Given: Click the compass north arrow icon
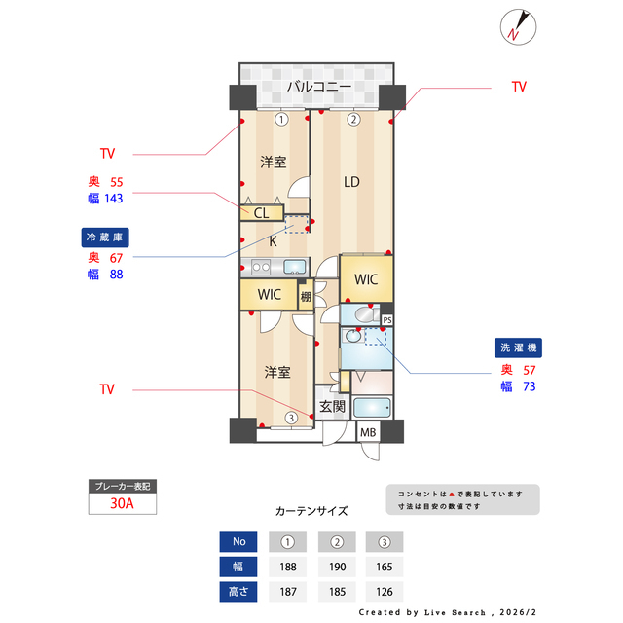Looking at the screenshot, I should click(x=515, y=26).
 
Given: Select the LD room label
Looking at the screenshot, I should click(x=351, y=180).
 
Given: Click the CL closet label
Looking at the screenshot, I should click(x=262, y=212).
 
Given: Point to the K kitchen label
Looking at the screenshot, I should click(x=274, y=239).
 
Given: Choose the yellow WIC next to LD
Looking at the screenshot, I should click(x=366, y=279).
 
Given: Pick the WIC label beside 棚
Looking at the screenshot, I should click(x=270, y=295).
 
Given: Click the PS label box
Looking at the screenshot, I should click(x=386, y=319).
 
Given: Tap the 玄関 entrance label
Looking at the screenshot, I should click(x=332, y=407).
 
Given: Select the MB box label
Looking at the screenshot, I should click(x=368, y=433).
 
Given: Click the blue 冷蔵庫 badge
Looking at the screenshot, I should click(x=105, y=237).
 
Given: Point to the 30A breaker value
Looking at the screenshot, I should click(x=122, y=504).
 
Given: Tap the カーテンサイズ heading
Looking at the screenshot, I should click(x=311, y=510).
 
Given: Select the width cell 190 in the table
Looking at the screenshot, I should click(x=336, y=567).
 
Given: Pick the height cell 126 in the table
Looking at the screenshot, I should click(x=385, y=592).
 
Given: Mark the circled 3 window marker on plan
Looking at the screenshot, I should click(x=290, y=419).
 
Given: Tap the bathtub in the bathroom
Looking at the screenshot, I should click(x=372, y=407).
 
